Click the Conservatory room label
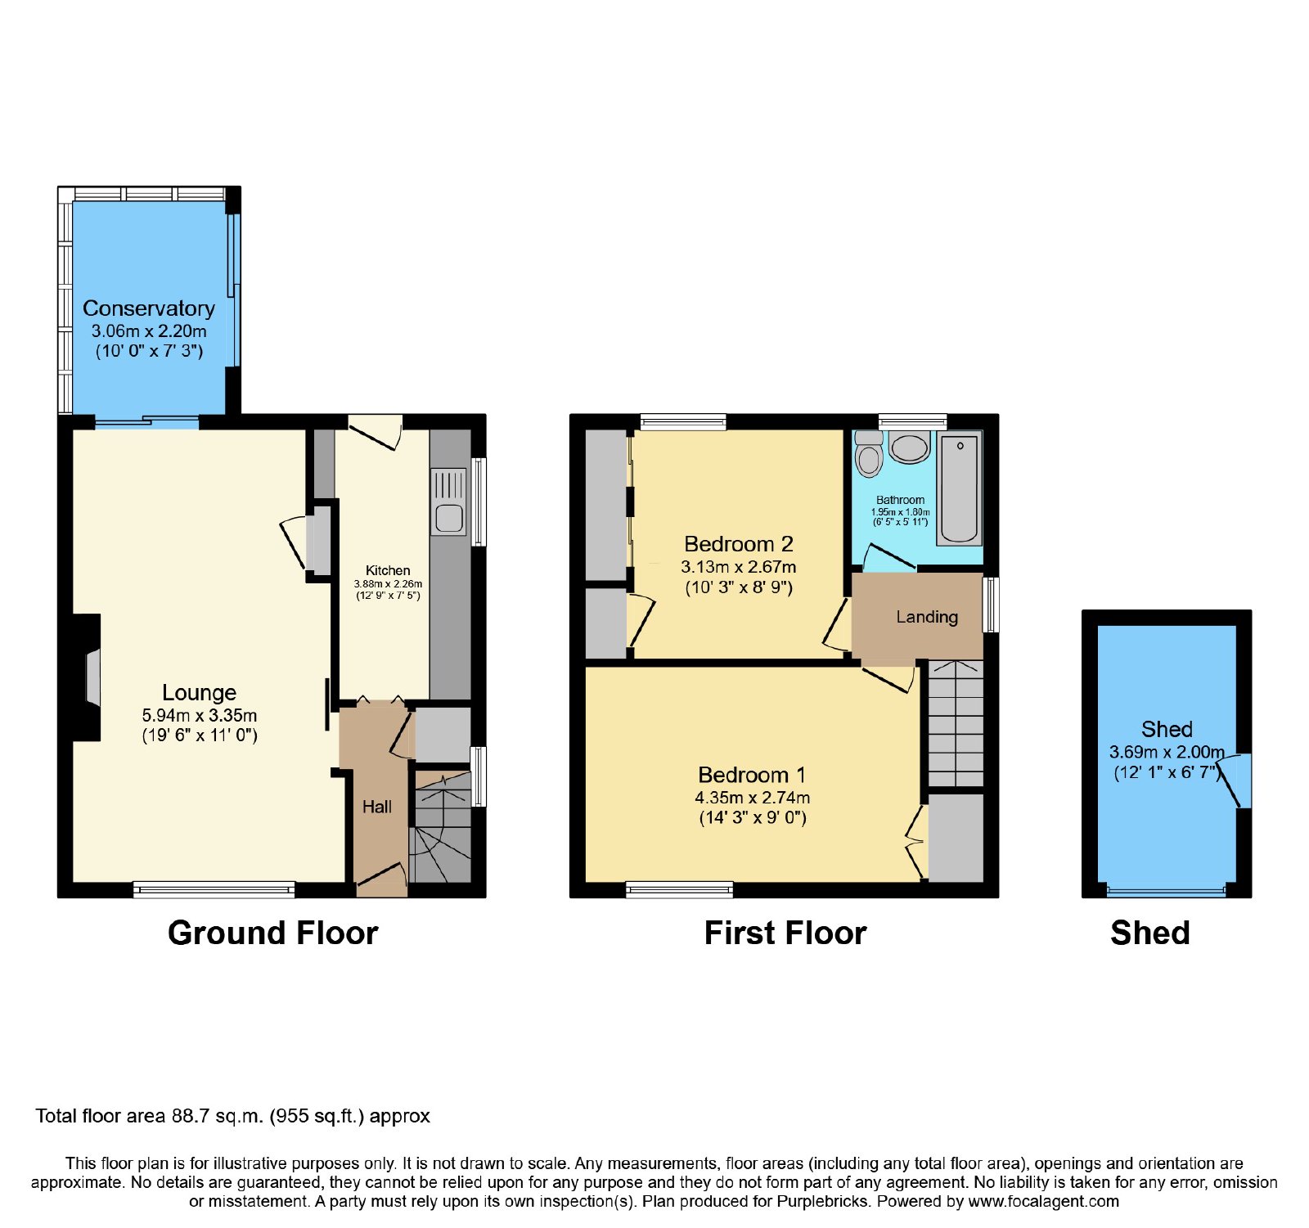point(149,308)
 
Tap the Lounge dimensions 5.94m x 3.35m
point(200,715)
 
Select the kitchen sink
point(448,502)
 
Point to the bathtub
point(960,489)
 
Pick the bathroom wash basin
point(909,447)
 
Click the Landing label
point(927,617)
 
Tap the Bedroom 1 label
point(752,775)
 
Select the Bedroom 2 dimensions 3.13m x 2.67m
point(739,566)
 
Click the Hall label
point(377,807)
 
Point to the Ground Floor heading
point(273,933)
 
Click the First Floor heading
point(785,933)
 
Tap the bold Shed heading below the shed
point(1150,933)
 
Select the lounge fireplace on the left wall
point(87,677)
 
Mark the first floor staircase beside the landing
point(955,723)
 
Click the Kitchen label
point(388,570)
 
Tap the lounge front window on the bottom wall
point(214,889)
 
